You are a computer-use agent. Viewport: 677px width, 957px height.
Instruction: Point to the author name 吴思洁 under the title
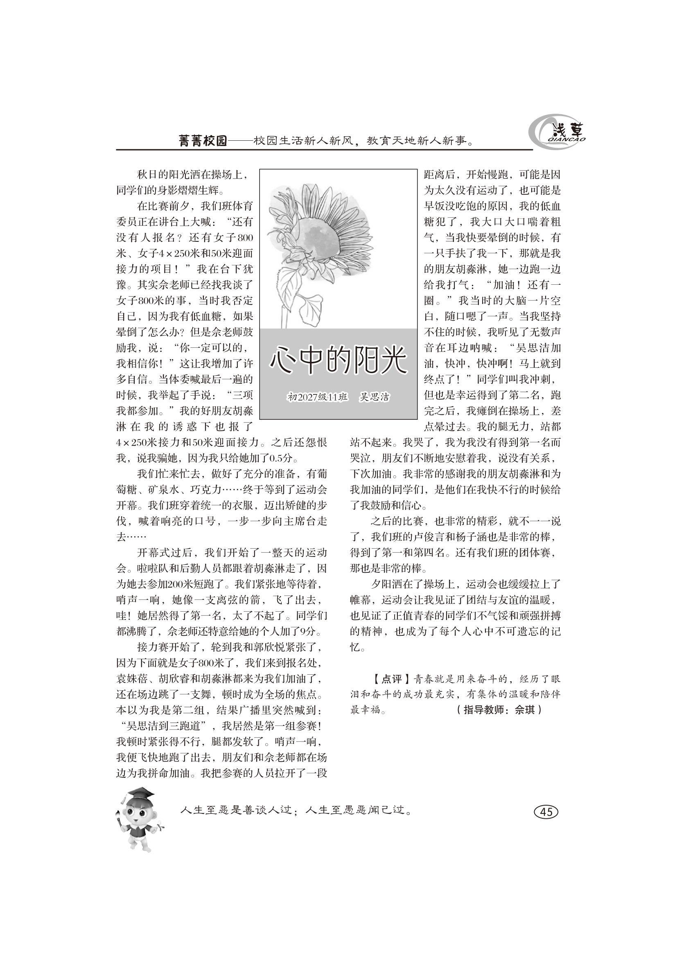click(x=375, y=397)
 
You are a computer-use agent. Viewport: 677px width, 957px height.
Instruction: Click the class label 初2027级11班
click(x=318, y=397)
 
